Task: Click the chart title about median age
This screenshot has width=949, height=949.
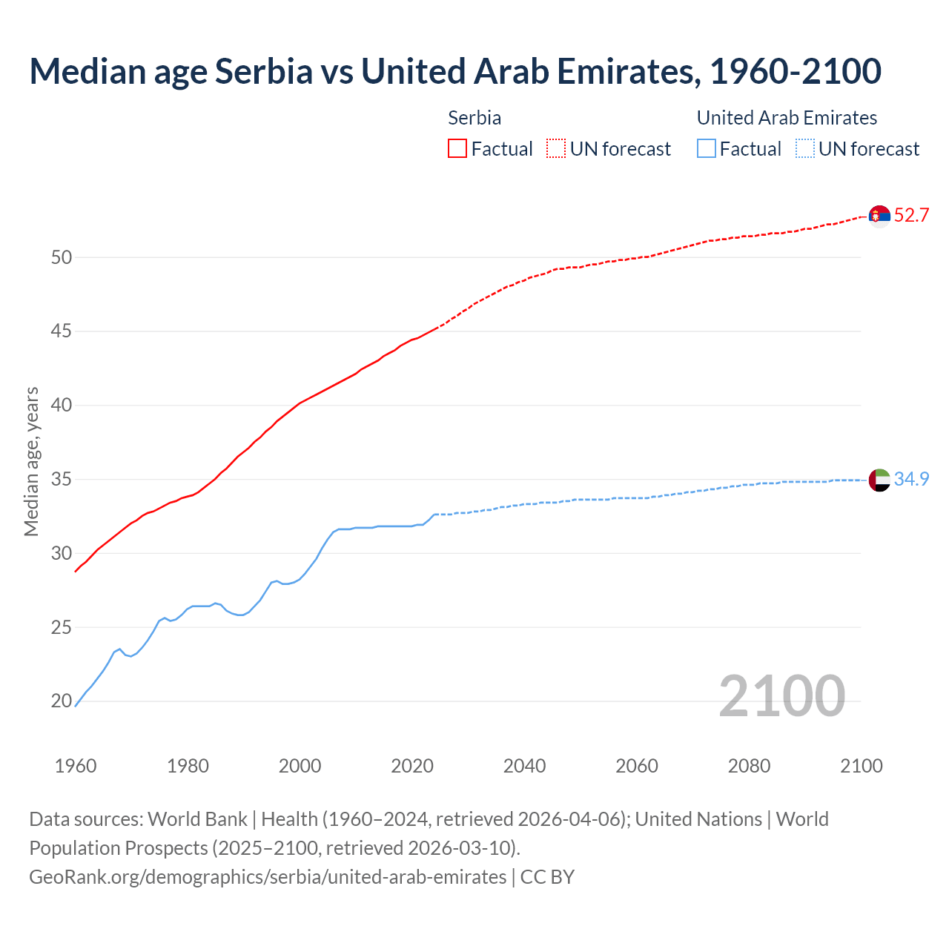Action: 455,71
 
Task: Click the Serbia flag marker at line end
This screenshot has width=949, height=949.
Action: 879,216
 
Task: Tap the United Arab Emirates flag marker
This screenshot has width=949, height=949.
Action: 879,480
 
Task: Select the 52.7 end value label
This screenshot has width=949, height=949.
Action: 911,216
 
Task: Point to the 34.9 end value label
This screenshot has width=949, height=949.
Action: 911,480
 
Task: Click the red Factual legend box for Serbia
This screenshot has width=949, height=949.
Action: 457,148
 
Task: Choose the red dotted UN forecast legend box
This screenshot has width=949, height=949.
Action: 556,148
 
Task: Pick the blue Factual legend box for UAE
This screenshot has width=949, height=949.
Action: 707,148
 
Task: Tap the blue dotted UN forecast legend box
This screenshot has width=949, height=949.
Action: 805,148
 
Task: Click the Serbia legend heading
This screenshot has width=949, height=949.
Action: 474,118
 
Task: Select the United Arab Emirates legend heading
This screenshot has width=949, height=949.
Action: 787,118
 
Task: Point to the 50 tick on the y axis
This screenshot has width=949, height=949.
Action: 62,257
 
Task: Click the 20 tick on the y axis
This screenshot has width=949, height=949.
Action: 62,701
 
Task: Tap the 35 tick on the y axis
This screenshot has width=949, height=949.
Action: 62,479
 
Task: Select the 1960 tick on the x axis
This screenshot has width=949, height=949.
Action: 76,766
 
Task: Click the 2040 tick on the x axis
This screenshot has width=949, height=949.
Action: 524,766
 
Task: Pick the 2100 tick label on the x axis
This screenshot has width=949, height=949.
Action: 862,766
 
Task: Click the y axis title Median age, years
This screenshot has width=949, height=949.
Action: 31,461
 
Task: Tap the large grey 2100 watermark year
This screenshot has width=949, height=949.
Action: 781,695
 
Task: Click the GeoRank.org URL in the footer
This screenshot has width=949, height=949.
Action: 268,877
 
